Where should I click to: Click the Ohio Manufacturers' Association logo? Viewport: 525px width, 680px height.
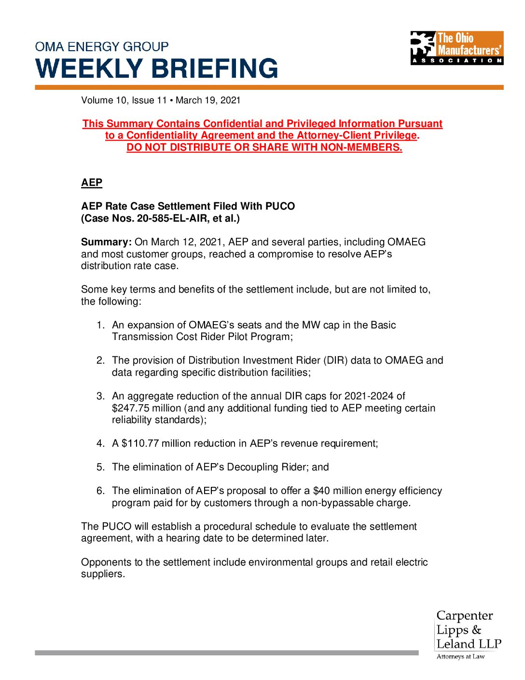click(x=456, y=48)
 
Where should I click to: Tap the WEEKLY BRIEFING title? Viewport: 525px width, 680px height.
click(x=157, y=68)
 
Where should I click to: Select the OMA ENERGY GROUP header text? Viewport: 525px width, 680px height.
click(x=102, y=47)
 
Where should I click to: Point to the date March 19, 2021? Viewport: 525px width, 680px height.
click(x=208, y=100)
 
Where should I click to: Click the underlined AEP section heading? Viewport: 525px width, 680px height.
click(x=92, y=183)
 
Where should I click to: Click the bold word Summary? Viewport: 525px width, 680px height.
click(x=106, y=242)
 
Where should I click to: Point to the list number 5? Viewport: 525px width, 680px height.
click(x=100, y=467)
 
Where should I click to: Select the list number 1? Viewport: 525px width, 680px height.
click(x=100, y=325)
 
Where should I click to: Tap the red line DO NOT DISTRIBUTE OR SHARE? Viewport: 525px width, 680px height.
click(x=264, y=147)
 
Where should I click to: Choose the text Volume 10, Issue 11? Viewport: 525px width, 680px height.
click(x=124, y=100)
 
